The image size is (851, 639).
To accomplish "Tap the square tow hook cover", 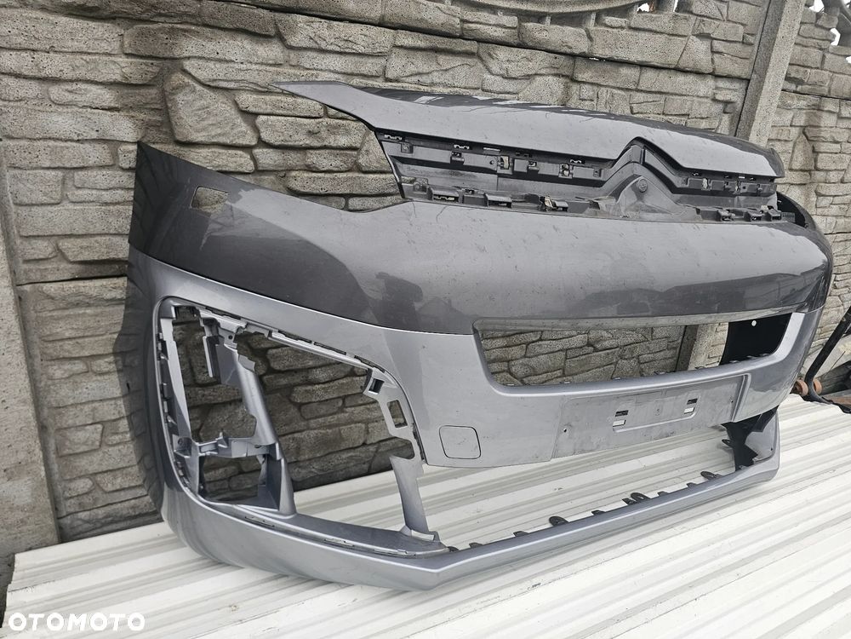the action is (x=460, y=441).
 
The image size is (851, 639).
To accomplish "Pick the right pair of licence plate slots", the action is (x=690, y=406).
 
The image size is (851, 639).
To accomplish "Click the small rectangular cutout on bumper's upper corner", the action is (x=209, y=199).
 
